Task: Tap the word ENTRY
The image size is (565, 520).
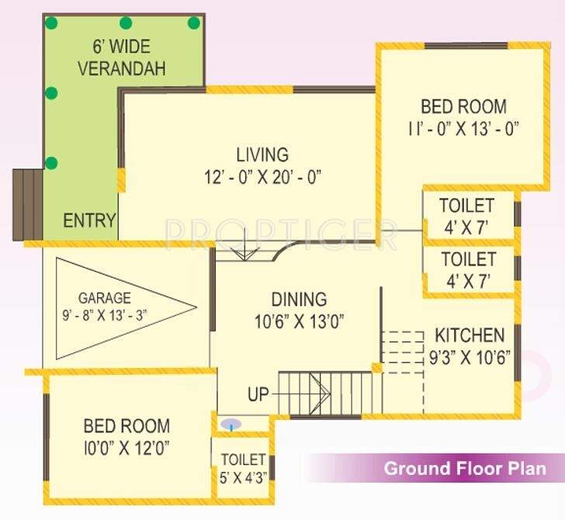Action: point(89,220)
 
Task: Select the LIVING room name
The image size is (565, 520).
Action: point(262,154)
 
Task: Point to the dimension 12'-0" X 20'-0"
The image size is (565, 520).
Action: point(258,177)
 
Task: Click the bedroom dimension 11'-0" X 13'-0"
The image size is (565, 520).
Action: point(463,128)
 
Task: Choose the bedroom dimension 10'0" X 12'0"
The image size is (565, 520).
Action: point(127,448)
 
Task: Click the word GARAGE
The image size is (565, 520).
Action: point(104,297)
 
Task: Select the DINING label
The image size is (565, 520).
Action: point(299,299)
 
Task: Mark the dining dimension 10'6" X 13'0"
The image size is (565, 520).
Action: point(298,321)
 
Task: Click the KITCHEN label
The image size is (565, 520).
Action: point(469,336)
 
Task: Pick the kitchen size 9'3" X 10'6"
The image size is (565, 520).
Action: point(469,358)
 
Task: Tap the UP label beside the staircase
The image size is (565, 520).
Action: point(258,394)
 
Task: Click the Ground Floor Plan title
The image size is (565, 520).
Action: point(465,469)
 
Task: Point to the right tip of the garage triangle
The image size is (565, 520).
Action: point(197,307)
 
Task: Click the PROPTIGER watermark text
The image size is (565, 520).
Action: point(281,231)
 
